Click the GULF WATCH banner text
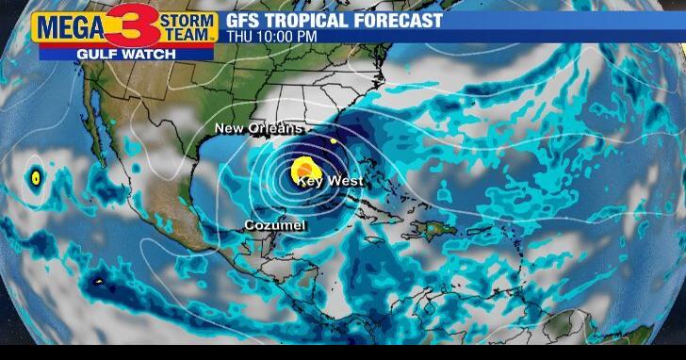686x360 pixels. coord(126,54)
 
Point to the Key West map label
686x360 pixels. coord(330,181)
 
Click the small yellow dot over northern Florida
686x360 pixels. coord(332,141)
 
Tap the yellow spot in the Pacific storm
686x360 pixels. coord(36,176)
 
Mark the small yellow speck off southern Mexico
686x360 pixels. coord(97,280)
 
